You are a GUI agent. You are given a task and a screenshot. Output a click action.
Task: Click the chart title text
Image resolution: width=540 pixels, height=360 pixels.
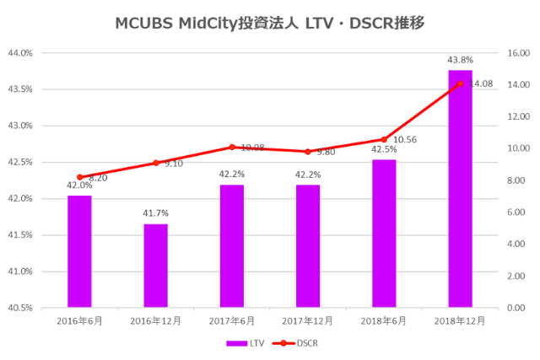269,23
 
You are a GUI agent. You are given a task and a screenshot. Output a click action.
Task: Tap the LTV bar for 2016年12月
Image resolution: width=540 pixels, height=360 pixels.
155,265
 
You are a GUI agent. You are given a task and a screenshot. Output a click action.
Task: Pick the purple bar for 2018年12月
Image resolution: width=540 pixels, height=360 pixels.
460,189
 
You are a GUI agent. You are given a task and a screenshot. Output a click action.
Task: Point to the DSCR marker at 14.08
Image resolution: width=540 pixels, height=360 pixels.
460,83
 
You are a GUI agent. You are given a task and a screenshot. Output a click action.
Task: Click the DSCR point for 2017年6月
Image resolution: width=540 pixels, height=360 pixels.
232,148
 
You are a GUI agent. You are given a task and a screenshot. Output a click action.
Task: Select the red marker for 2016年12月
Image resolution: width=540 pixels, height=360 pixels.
155,163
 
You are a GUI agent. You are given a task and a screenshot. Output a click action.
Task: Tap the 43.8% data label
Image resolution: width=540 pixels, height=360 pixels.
460,60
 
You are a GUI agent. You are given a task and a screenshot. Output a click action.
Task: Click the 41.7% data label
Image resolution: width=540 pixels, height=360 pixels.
155,214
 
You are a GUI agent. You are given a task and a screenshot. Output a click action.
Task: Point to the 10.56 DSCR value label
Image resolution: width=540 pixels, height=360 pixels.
406,140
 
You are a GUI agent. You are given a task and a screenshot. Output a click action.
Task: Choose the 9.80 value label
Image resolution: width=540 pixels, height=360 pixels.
326,153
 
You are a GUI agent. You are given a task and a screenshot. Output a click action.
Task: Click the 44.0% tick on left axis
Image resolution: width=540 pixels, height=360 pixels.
20,53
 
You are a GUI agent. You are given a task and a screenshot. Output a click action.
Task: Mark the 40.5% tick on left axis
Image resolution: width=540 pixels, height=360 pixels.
20,308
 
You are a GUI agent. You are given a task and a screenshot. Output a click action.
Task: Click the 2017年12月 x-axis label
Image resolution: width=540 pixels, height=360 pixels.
308,321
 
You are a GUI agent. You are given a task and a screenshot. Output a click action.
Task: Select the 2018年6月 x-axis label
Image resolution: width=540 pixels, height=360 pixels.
384,321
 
